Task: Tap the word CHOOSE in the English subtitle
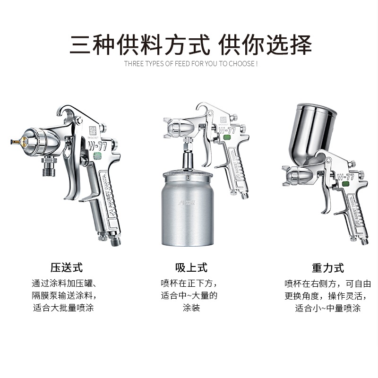tap(241, 63)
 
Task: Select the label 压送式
tap(67, 267)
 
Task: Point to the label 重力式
tap(327, 268)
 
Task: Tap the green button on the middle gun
tap(227, 138)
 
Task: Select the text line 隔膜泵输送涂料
tap(67, 296)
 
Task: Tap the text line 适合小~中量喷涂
tap(327, 309)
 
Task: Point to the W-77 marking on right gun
tap(345, 177)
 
